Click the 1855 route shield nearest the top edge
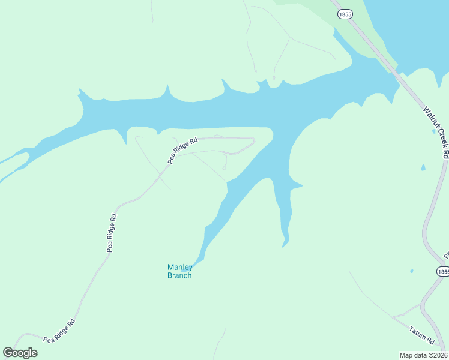(x=345, y=14)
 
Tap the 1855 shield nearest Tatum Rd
(x=442, y=272)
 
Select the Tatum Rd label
(x=422, y=335)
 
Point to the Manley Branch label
(x=179, y=271)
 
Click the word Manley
(x=179, y=267)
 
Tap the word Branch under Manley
(x=179, y=276)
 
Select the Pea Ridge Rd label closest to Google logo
(x=59, y=331)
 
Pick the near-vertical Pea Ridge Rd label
(x=112, y=233)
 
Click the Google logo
(x=20, y=352)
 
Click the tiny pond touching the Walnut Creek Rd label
(x=433, y=131)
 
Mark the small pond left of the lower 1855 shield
(x=411, y=271)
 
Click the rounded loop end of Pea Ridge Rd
(x=252, y=142)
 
